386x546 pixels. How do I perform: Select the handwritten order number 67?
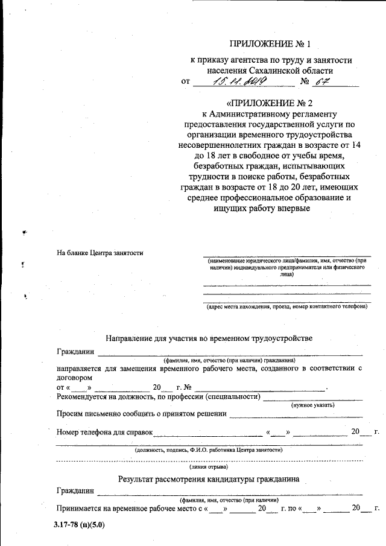(324, 81)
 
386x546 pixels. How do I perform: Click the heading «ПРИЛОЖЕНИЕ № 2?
(270, 101)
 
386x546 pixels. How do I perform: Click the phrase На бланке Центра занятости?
(100, 253)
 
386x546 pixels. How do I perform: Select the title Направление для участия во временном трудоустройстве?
(209, 338)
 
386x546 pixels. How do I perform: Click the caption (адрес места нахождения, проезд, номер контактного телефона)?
(286, 306)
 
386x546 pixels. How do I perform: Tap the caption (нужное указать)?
(313, 405)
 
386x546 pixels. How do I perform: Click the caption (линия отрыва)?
(208, 467)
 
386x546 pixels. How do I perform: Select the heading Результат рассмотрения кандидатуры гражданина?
(208, 480)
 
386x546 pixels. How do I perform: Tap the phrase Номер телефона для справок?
(104, 432)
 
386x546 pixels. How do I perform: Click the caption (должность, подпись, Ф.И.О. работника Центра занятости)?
(208, 449)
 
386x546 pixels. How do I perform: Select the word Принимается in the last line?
(80, 509)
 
